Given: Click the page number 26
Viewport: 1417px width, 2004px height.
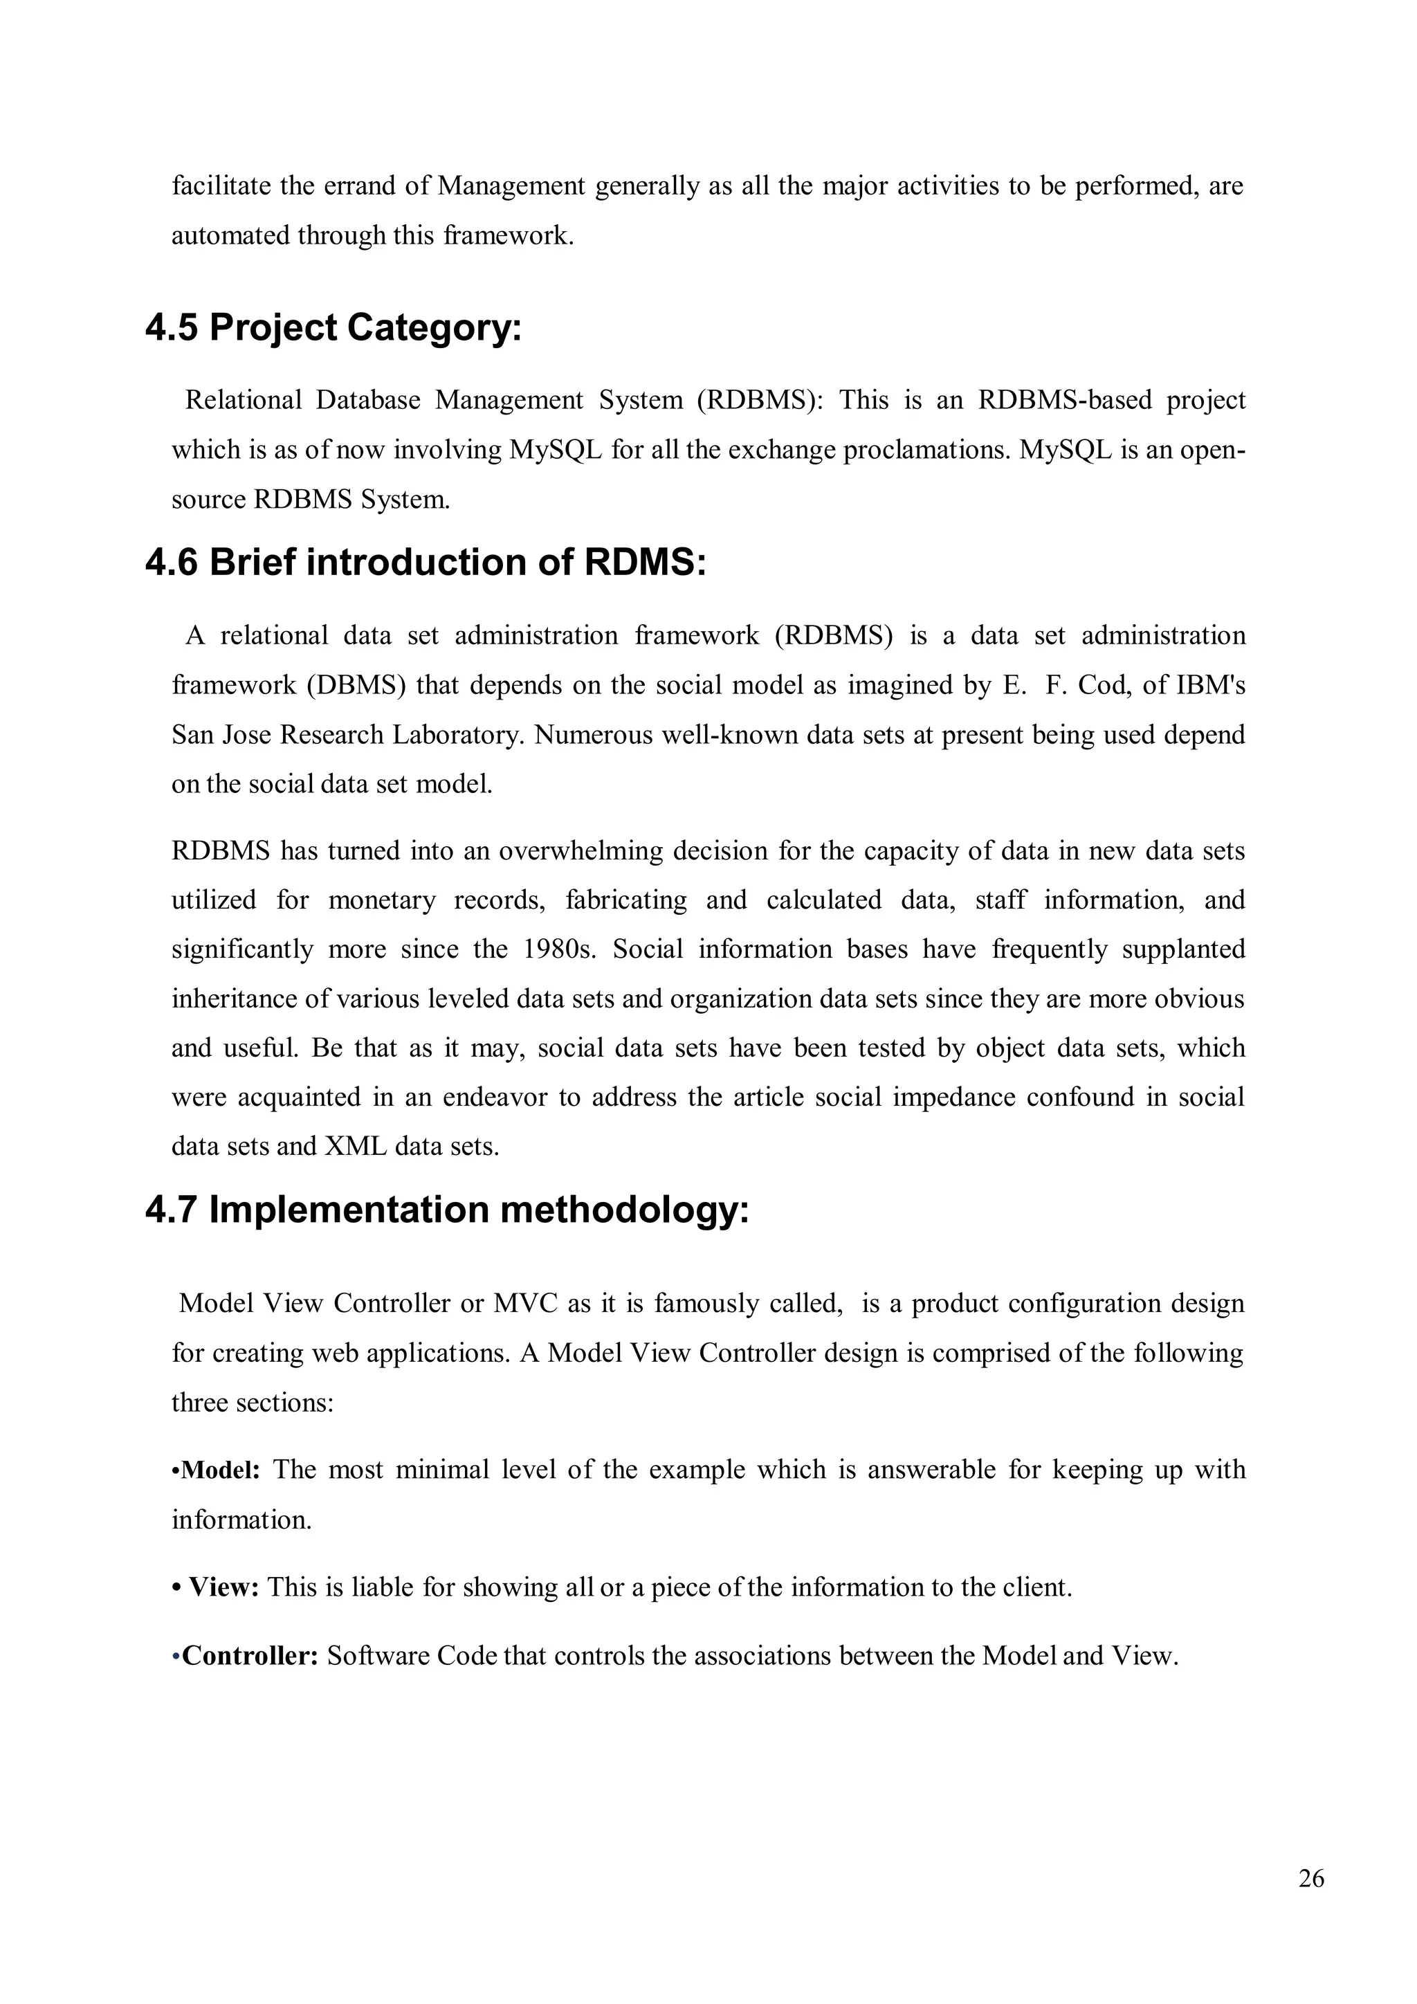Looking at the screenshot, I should (x=1310, y=1878).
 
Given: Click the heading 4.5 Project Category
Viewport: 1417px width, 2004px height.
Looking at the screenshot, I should (x=333, y=327).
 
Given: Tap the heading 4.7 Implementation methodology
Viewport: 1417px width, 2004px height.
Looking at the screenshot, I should (x=447, y=1210).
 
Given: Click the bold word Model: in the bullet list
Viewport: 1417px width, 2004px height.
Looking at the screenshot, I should (x=220, y=1470).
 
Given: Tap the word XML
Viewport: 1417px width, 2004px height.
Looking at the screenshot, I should (x=355, y=1146).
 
